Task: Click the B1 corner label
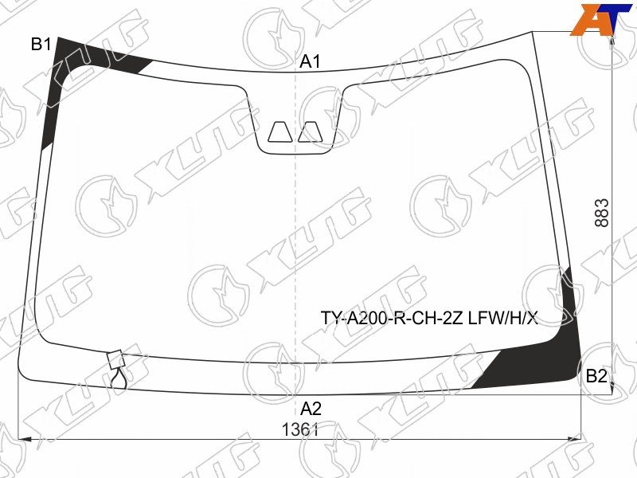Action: click(x=41, y=44)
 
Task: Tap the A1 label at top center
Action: click(x=310, y=62)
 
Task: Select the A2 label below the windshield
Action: click(x=311, y=409)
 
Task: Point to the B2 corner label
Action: click(x=596, y=376)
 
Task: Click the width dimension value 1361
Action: click(x=300, y=429)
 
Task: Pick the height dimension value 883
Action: click(x=602, y=213)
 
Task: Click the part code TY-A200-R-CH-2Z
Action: click(x=392, y=318)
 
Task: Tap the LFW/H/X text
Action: click(x=503, y=318)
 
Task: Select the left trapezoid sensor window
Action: click(x=280, y=131)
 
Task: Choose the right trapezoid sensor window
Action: click(x=310, y=131)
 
